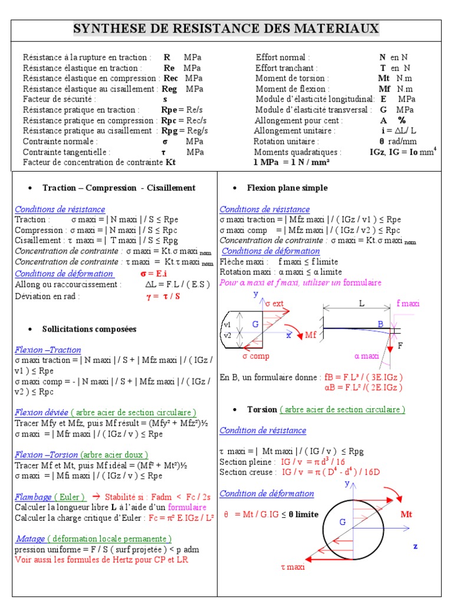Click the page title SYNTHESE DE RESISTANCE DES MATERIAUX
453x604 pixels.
click(x=226, y=29)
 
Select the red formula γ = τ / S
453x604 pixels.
click(x=163, y=296)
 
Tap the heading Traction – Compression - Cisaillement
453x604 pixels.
click(x=119, y=188)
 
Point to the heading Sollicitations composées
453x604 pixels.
click(x=89, y=329)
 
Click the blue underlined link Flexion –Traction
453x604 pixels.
click(x=48, y=350)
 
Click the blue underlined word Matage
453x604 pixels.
click(x=31, y=539)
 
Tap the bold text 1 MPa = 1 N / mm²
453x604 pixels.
click(x=291, y=162)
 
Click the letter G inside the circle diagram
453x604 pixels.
click(x=342, y=522)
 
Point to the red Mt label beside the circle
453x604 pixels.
click(x=406, y=514)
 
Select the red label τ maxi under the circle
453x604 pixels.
click(x=293, y=567)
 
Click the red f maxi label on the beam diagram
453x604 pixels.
click(x=408, y=303)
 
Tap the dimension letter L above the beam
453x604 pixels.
click(x=361, y=303)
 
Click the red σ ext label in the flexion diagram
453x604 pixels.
click(x=275, y=303)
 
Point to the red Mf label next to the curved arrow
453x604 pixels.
click(x=311, y=335)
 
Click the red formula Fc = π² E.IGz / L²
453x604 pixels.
click(x=181, y=518)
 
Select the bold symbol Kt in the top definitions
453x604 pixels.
click(x=170, y=162)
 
